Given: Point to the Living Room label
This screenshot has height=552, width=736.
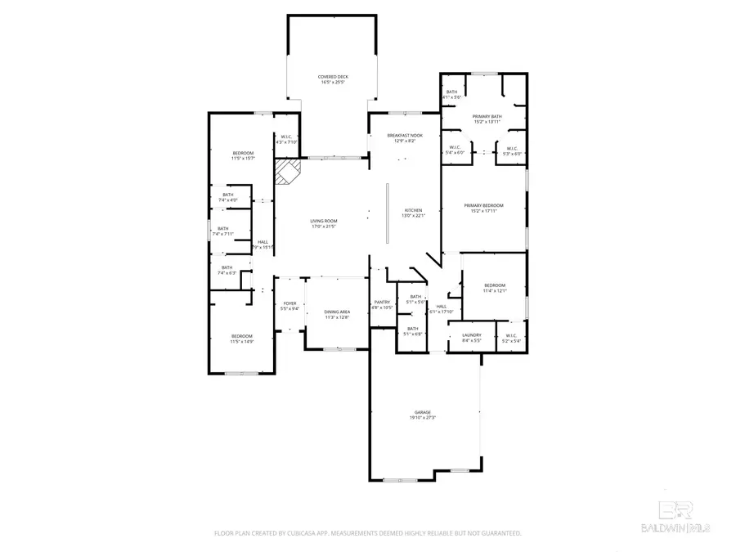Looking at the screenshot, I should coord(323,223).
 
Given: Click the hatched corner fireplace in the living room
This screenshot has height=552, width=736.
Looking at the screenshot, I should coord(287,172).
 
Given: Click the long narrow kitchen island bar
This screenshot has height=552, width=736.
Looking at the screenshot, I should coord(387,213).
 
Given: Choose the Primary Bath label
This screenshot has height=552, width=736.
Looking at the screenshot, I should coord(487,119).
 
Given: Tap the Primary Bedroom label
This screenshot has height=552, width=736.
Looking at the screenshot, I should coord(483,208).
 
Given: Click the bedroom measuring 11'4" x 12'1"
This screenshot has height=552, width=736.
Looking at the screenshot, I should coord(495,287).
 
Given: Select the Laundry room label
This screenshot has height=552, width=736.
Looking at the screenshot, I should coord(472,337).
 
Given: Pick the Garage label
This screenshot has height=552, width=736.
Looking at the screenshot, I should coord(422,415).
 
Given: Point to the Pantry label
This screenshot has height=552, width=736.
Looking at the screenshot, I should coord(383,304).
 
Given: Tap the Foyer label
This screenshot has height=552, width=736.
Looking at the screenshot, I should coord(289,305).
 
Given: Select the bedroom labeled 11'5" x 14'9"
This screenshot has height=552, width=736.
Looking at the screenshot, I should coord(241,339).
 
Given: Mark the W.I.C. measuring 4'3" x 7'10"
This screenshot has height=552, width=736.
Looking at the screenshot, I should coord(287,139).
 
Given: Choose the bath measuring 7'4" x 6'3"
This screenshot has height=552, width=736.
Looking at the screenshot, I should coord(227,270).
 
